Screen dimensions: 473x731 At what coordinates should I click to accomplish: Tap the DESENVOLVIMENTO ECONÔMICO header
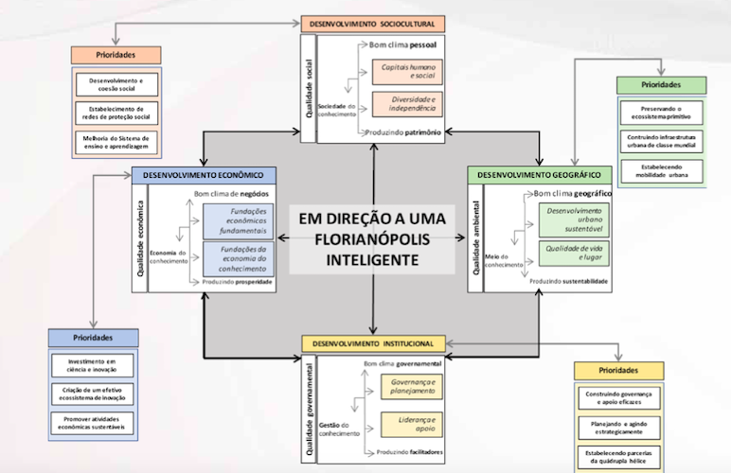click(x=204, y=175)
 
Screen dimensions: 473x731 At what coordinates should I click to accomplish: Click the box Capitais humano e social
click(x=409, y=70)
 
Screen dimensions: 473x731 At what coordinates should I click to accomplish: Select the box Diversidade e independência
click(x=409, y=104)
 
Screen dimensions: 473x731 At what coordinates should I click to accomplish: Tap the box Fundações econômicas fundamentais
click(x=239, y=222)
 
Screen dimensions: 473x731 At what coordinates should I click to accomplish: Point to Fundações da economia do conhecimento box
click(x=239, y=258)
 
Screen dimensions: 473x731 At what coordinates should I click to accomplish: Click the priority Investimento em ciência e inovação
click(x=93, y=365)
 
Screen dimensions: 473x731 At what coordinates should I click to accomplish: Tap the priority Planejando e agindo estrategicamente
click(x=619, y=427)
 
